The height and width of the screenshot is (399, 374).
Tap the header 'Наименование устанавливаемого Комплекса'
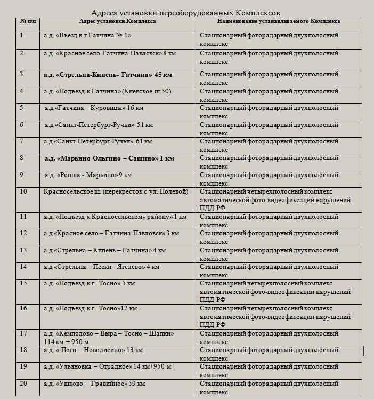tap(279, 21)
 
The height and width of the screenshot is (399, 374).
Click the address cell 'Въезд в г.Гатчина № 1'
tap(88, 35)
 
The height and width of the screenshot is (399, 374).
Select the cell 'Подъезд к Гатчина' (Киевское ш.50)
tap(107, 91)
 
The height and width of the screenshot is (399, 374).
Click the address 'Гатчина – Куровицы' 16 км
tap(94, 108)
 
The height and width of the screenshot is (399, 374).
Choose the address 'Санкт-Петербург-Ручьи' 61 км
tap(98, 141)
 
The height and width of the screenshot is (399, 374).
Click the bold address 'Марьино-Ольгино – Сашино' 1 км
tap(109, 158)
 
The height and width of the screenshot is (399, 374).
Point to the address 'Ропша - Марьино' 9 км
tap(88, 174)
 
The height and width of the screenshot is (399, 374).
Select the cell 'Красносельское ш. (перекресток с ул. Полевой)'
tap(116, 191)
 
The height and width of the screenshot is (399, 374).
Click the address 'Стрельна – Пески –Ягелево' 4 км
tap(102, 266)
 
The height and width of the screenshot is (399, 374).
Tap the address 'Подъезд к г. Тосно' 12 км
tap(91, 308)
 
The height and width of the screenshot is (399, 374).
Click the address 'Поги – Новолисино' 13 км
tap(93, 350)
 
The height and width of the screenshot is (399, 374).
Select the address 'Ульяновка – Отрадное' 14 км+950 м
tap(108, 366)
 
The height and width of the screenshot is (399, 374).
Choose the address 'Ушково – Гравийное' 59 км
tap(94, 384)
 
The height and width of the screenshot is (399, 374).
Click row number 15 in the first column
tap(23, 283)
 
